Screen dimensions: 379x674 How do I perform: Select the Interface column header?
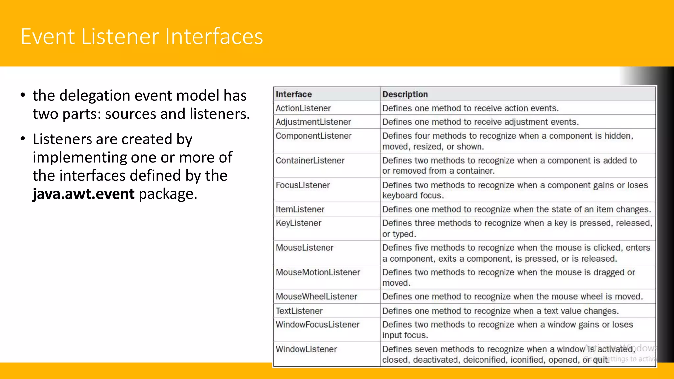(294, 94)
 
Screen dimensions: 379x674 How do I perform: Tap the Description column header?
(405, 94)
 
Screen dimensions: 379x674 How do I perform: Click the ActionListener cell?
(303, 108)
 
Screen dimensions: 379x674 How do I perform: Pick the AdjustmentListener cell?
(313, 122)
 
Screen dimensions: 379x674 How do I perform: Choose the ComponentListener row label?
(313, 136)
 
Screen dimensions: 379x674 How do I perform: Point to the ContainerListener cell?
(310, 161)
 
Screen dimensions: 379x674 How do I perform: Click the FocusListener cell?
(302, 185)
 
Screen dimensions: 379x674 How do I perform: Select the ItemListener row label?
(300, 209)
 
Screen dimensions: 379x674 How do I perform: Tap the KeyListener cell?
(298, 223)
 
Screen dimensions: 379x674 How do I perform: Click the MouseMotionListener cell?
(318, 272)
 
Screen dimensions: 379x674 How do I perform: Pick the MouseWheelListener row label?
(316, 297)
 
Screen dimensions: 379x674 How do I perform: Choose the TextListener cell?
(299, 311)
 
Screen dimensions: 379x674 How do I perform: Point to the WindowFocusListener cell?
(317, 325)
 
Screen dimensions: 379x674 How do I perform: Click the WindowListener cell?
(306, 349)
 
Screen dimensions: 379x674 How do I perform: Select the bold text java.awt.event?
(84, 194)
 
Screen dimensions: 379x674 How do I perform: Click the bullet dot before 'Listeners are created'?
(23, 139)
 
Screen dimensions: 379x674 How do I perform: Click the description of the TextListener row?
(500, 311)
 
